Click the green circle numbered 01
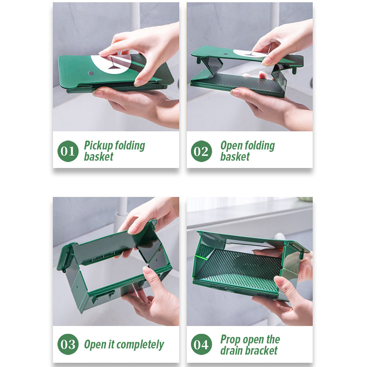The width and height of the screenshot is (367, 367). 68,151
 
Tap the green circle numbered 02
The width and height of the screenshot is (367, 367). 201,151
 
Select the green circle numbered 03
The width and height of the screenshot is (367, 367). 68,344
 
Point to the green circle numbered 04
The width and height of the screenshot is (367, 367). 201,344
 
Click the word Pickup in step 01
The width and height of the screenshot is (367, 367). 99,146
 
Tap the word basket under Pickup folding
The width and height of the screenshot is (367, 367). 99,156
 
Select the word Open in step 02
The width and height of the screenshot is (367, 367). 231,146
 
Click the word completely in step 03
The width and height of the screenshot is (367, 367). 140,345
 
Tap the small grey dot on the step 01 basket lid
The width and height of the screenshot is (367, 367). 91,73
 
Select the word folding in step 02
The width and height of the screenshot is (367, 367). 260,146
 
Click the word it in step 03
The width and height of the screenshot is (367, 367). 112,344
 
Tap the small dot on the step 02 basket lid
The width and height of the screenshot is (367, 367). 225,54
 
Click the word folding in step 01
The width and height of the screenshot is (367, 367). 130,146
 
